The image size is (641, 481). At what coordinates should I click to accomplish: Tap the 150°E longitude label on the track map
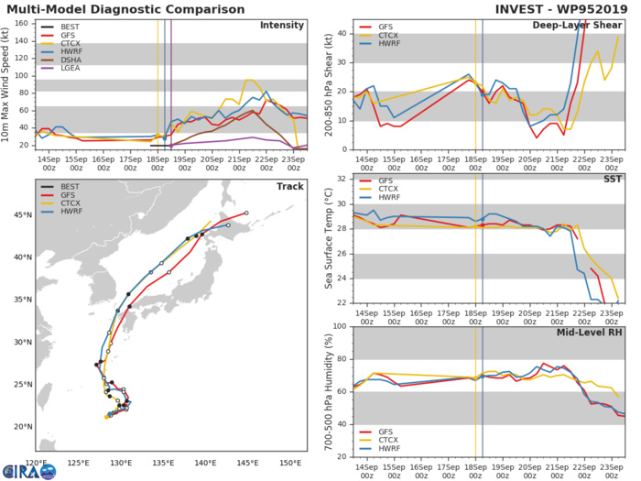point(290,463)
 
